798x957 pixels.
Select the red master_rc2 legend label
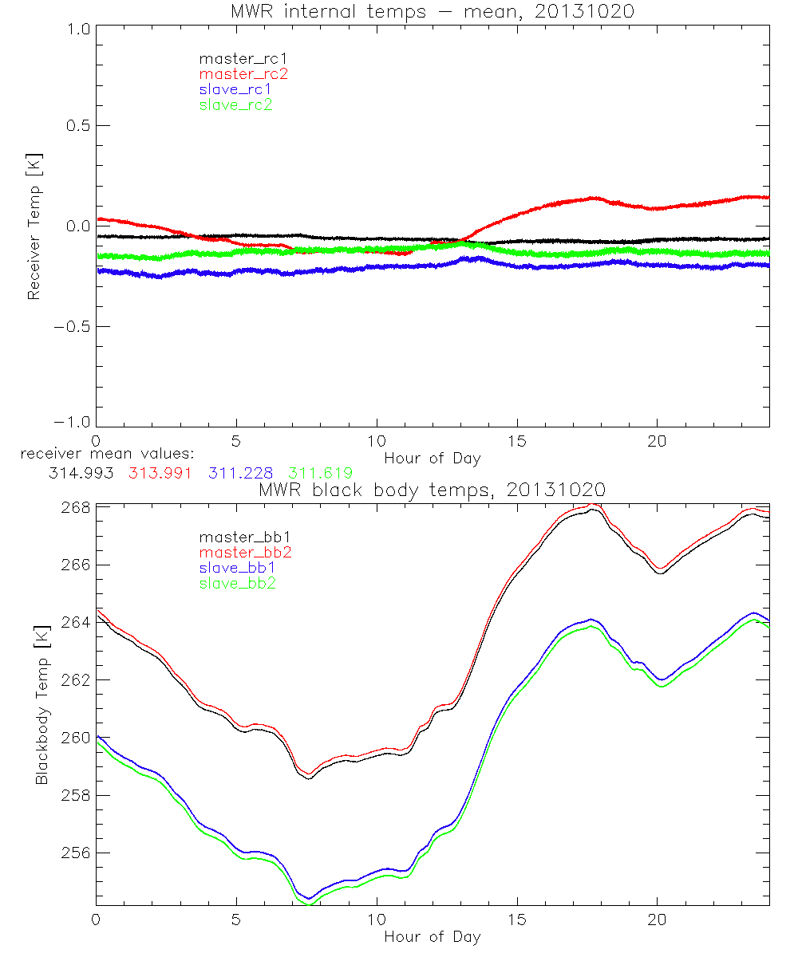coord(243,73)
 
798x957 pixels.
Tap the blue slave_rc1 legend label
coord(235,89)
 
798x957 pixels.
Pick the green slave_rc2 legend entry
coord(235,104)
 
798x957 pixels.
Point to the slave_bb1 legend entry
coord(235,568)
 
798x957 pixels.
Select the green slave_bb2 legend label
coord(235,583)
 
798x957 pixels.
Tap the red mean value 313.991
coord(160,472)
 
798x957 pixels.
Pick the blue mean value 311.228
coord(240,472)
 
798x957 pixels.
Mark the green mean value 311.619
coord(320,472)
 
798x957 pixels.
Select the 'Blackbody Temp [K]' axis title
coord(41,706)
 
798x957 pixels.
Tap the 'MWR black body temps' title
coord(433,489)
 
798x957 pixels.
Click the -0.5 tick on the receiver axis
coord(73,327)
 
